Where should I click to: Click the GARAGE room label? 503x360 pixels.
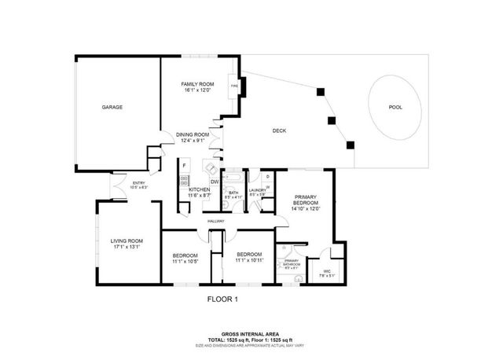(x=113, y=107)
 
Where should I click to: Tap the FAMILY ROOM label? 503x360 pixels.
(x=197, y=84)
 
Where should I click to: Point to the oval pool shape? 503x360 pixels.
(x=395, y=107)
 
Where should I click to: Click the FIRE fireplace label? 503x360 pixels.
(x=234, y=86)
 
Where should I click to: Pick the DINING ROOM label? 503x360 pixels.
(x=193, y=134)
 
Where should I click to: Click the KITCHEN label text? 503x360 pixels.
(x=199, y=190)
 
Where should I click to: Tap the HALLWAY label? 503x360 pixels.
(x=217, y=221)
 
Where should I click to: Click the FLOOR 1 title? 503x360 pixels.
(x=222, y=299)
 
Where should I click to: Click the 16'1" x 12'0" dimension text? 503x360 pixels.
(x=197, y=90)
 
